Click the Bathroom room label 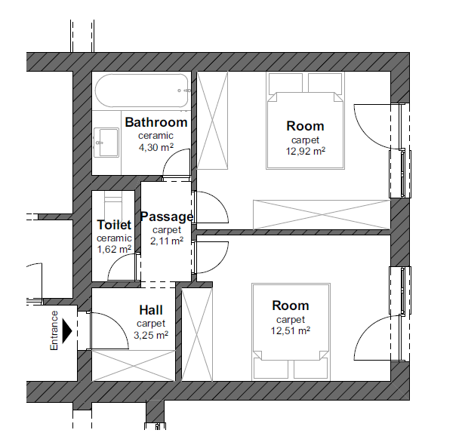click(x=156, y=122)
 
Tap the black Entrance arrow click(x=67, y=330)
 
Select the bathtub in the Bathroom click(x=142, y=91)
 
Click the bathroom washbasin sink click(x=106, y=143)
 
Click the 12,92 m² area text click(x=306, y=152)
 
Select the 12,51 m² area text click(x=291, y=331)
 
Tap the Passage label click(x=167, y=216)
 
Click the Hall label click(x=151, y=310)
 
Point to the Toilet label click(x=114, y=225)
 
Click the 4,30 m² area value click(x=156, y=147)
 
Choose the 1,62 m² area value click(x=114, y=250)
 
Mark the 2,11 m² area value click(x=167, y=241)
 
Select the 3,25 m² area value click(x=151, y=335)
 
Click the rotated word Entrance click(x=54, y=330)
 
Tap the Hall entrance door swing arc click(x=119, y=323)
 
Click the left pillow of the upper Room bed click(x=285, y=83)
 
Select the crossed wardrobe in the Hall click(x=134, y=366)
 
